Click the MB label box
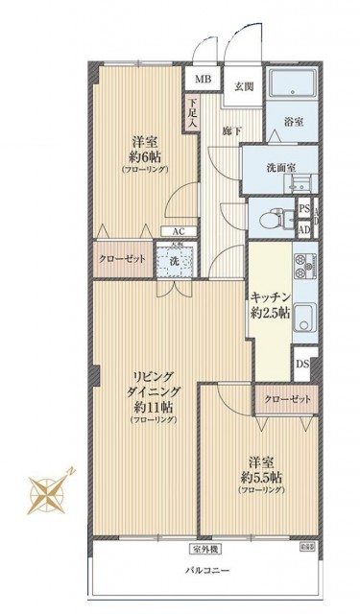pyautogui.click(x=204, y=81)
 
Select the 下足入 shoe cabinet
pyautogui.click(x=193, y=114)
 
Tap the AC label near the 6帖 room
pyautogui.click(x=179, y=231)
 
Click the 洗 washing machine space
pyautogui.click(x=174, y=260)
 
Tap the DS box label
pyautogui.click(x=302, y=364)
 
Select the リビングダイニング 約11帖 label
pyautogui.click(x=143, y=393)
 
